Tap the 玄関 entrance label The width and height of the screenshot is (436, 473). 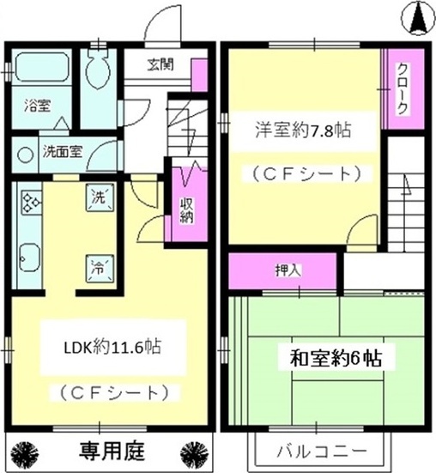point(160,63)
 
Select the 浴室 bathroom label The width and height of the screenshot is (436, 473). point(37,106)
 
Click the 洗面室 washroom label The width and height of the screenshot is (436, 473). point(63,152)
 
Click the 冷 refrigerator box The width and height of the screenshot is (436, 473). point(98,265)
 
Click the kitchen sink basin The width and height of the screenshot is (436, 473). point(31,257)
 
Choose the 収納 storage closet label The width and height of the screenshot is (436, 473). point(186,210)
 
